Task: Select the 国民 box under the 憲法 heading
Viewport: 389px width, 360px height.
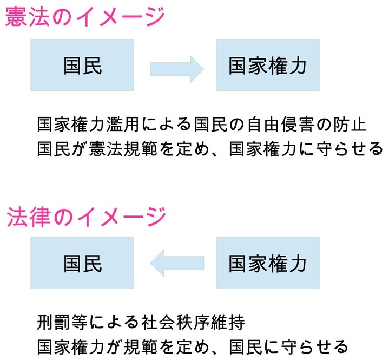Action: click(x=82, y=66)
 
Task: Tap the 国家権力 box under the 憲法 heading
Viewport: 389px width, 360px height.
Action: click(x=267, y=66)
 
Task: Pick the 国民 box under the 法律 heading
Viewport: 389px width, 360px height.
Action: click(x=82, y=264)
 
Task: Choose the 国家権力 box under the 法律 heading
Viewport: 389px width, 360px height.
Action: click(x=267, y=264)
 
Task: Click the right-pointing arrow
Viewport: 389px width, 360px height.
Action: click(x=176, y=68)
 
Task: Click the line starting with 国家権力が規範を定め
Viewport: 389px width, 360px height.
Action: click(x=192, y=346)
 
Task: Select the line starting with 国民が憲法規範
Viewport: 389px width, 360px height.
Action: click(x=210, y=148)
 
